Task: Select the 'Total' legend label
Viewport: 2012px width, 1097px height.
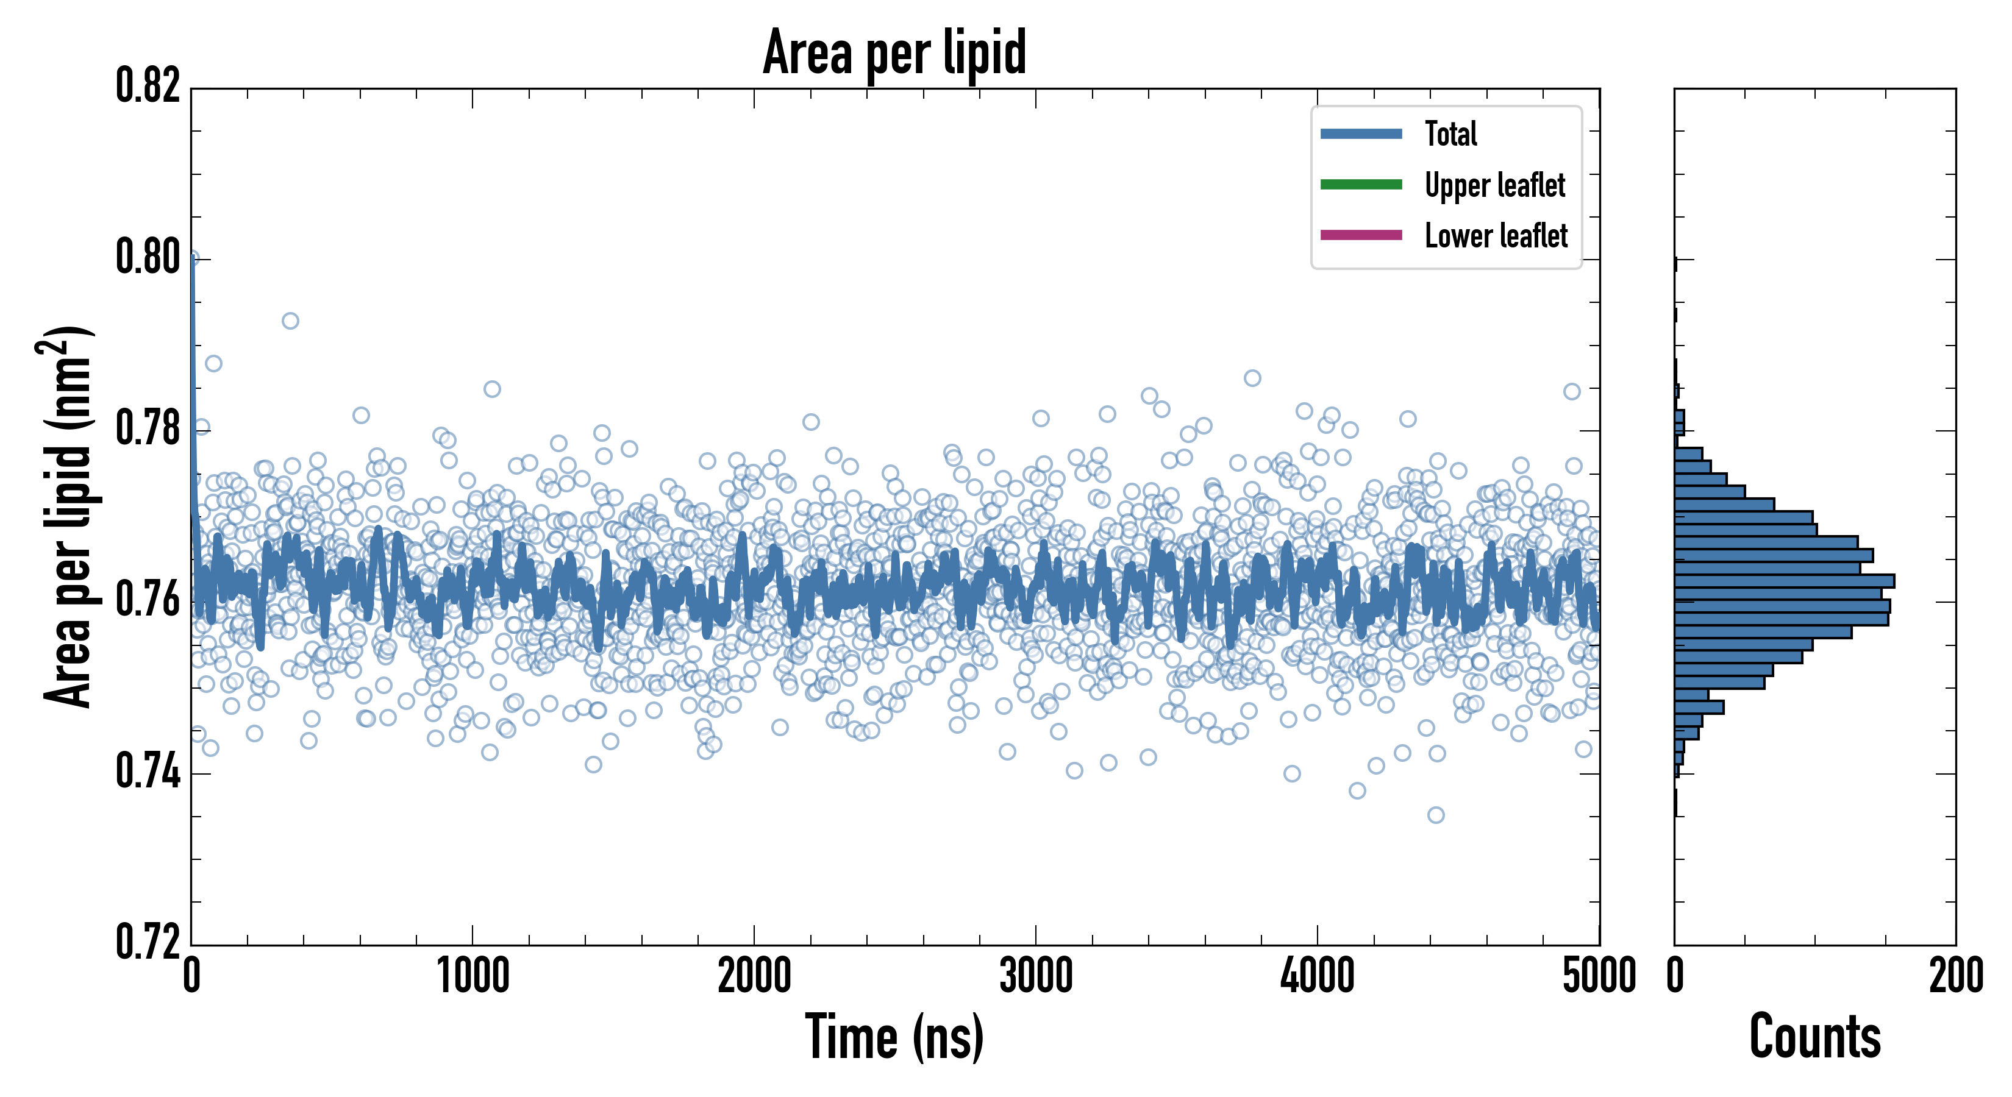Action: (x=1450, y=133)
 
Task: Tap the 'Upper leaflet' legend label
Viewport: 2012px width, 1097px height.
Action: (x=1494, y=185)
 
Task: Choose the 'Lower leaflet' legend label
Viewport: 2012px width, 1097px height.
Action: (x=1496, y=236)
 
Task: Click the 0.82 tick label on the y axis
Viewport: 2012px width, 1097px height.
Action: (x=148, y=86)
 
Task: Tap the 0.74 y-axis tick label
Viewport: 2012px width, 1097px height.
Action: (x=148, y=772)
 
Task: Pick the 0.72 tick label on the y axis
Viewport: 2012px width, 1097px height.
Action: (x=148, y=941)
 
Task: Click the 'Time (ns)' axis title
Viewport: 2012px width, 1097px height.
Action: (x=894, y=1037)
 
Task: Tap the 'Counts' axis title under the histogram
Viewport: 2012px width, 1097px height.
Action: (x=1814, y=1037)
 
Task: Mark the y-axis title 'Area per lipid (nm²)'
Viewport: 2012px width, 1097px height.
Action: (x=67, y=517)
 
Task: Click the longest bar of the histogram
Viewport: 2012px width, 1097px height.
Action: (x=1785, y=581)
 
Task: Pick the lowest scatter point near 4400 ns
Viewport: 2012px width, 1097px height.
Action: (x=1436, y=815)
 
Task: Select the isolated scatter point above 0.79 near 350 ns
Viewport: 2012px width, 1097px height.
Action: (x=291, y=321)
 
